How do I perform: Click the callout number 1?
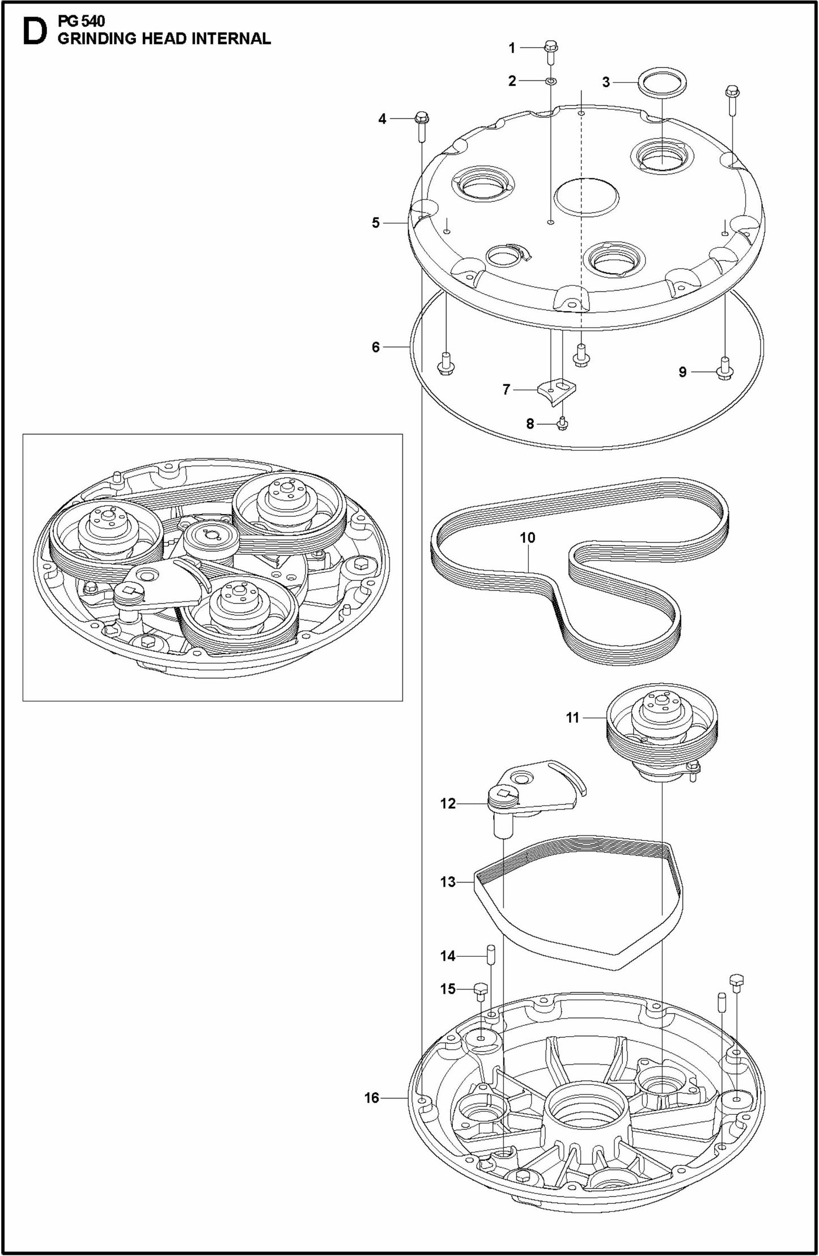(x=512, y=48)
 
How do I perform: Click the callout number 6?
(x=375, y=347)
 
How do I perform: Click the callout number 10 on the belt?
(x=527, y=537)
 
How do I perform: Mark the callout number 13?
(x=448, y=882)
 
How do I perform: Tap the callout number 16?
(x=371, y=1098)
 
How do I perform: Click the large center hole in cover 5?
(x=587, y=197)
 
